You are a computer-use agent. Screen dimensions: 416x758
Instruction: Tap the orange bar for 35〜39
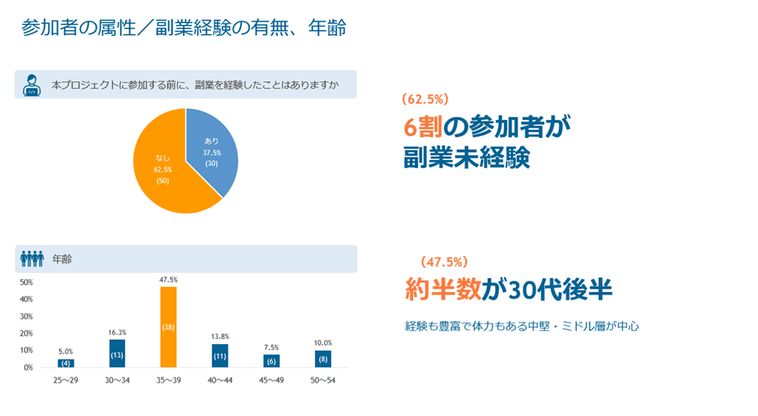pyautogui.click(x=169, y=327)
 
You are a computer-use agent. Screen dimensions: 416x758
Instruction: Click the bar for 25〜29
pyautogui.click(x=66, y=363)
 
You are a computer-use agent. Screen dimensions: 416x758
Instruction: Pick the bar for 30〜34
pyautogui.click(x=117, y=354)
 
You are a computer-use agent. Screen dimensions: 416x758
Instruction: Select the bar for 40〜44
pyautogui.click(x=220, y=355)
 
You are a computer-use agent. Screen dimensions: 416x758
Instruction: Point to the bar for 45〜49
pyautogui.click(x=271, y=361)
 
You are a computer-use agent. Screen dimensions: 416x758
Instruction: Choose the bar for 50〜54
pyautogui.click(x=323, y=359)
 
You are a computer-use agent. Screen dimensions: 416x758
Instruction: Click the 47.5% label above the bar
pyautogui.click(x=169, y=280)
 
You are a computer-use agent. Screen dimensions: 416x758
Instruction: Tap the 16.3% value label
pyautogui.click(x=117, y=332)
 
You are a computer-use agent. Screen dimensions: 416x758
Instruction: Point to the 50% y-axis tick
pyautogui.click(x=27, y=282)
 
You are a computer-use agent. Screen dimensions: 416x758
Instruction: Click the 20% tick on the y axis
pyautogui.click(x=27, y=333)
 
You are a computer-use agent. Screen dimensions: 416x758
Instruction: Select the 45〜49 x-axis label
pyautogui.click(x=271, y=380)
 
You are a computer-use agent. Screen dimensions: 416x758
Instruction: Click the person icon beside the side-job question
pyautogui.click(x=32, y=85)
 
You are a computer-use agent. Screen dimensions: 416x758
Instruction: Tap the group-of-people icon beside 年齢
pyautogui.click(x=32, y=259)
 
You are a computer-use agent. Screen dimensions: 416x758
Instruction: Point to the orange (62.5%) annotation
pyautogui.click(x=425, y=98)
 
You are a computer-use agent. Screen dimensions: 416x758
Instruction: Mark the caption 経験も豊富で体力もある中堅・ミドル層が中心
pyautogui.click(x=522, y=326)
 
